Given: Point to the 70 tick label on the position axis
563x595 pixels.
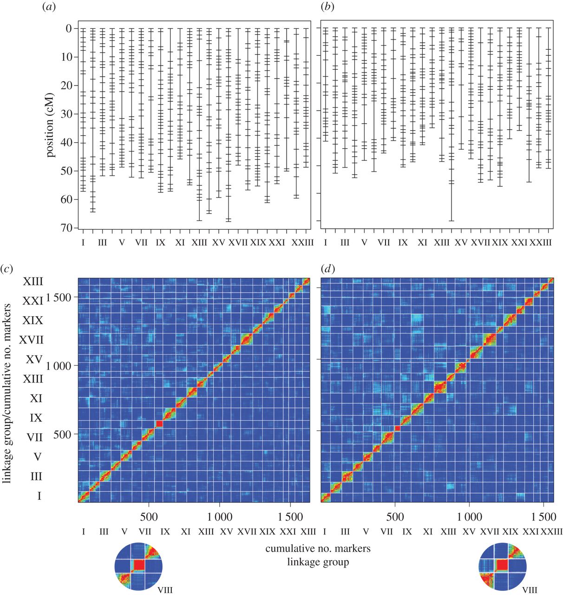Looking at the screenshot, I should tap(65, 228).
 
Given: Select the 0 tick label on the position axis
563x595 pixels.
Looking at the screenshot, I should tap(68, 28).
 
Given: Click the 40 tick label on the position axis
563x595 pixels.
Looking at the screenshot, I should tap(65, 142).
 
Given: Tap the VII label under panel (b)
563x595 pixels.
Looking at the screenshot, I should tap(384, 242).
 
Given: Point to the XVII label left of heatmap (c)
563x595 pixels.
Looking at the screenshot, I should tap(32, 340).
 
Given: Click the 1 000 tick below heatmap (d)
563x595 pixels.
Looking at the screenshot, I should tap(469, 516).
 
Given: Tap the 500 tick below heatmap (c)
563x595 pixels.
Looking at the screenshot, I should tap(149, 516).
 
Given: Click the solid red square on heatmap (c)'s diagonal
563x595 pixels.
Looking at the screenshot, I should tap(159, 423).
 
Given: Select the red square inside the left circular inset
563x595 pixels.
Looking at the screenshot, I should tap(139, 565).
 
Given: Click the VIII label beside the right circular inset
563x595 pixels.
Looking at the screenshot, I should tap(530, 590).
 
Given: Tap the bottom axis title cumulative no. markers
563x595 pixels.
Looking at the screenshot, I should tap(318, 549).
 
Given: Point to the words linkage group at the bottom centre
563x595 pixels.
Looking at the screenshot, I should tap(318, 562).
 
